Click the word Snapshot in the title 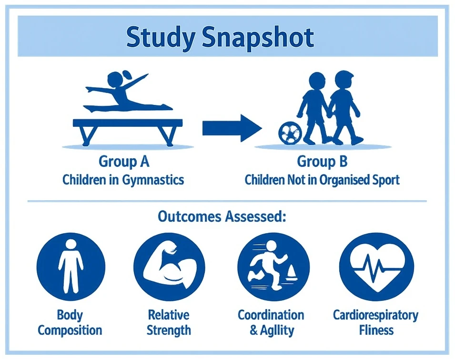[x=258, y=38]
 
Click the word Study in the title [x=160, y=38]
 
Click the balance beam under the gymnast [x=127, y=123]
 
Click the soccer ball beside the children [x=290, y=134]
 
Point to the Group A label [x=124, y=161]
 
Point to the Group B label [x=322, y=161]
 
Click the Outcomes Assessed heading [x=222, y=217]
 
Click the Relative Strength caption [x=169, y=322]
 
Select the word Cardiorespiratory [x=375, y=315]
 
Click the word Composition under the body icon [x=70, y=330]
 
